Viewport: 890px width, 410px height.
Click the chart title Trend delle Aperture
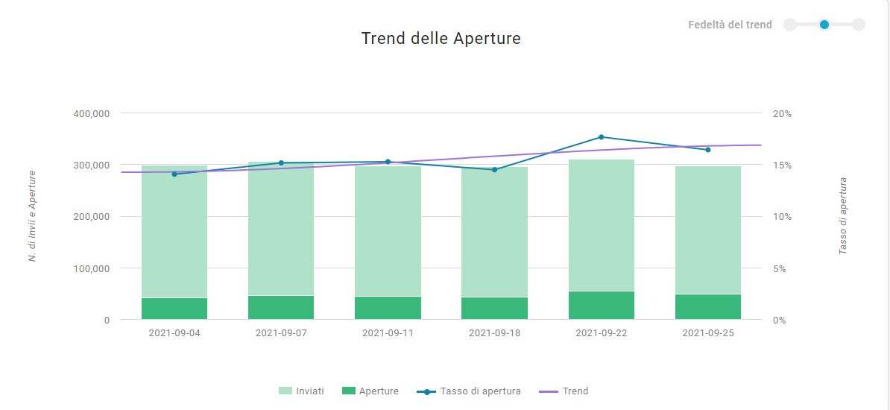[441, 39]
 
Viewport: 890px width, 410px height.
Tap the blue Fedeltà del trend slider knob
[824, 25]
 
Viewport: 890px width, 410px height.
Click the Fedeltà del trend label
[730, 25]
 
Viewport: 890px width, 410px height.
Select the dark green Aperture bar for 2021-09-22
[601, 306]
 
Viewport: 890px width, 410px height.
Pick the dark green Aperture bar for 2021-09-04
[174, 309]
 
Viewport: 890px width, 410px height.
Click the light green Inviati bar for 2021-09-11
[388, 231]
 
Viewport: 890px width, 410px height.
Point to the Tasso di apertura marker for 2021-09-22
[601, 137]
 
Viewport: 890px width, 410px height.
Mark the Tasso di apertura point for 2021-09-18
[494, 170]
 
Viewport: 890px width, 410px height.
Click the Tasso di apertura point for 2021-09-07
[281, 163]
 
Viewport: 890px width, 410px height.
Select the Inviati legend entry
[301, 391]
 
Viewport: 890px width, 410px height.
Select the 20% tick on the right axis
[782, 114]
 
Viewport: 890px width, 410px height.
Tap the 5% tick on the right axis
[780, 268]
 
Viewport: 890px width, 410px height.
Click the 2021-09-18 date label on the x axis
[494, 333]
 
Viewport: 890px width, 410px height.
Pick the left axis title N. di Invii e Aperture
[32, 216]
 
